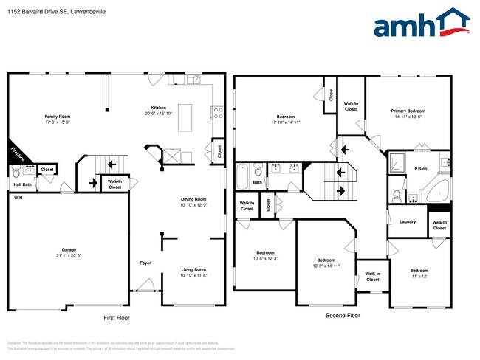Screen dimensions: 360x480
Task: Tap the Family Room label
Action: click(57, 120)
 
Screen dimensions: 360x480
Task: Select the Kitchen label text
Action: click(159, 110)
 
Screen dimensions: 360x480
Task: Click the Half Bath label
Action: click(22, 184)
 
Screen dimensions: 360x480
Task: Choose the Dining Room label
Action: click(193, 202)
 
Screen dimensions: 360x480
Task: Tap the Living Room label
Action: click(193, 272)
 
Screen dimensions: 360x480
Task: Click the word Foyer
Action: click(146, 263)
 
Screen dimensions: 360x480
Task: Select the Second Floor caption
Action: click(343, 315)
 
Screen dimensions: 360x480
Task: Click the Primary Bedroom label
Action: click(408, 114)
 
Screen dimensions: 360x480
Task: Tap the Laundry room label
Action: click(407, 221)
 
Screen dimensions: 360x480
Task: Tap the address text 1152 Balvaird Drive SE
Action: click(45, 11)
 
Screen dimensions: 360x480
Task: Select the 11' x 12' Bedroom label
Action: click(419, 273)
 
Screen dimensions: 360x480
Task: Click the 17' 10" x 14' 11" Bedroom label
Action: click(285, 120)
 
